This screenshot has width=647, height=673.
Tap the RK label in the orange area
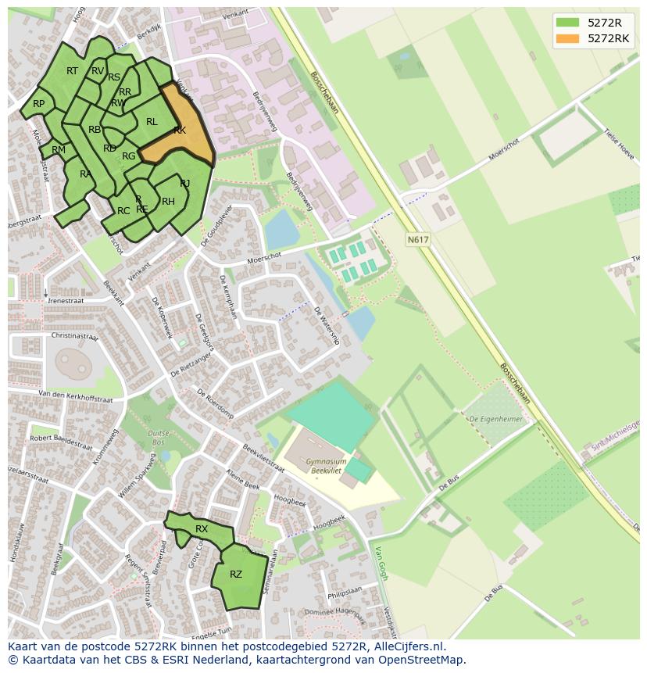pyautogui.click(x=180, y=131)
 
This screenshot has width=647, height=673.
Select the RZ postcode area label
pyautogui.click(x=236, y=575)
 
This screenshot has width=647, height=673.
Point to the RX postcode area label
pyautogui.click(x=202, y=529)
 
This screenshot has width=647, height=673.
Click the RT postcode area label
pyautogui.click(x=72, y=71)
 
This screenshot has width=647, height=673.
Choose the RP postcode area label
pyautogui.click(x=38, y=104)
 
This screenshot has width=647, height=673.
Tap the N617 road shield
pyautogui.click(x=418, y=240)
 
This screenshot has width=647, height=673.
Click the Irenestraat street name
pyautogui.click(x=65, y=299)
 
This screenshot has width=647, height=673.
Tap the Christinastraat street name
pyautogui.click(x=74, y=335)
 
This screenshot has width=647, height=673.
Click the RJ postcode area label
pyautogui.click(x=185, y=184)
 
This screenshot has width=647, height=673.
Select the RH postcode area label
pyautogui.click(x=168, y=202)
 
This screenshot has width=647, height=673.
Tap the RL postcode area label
pyautogui.click(x=152, y=122)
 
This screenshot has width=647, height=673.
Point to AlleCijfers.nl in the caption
pyautogui.click(x=409, y=646)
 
